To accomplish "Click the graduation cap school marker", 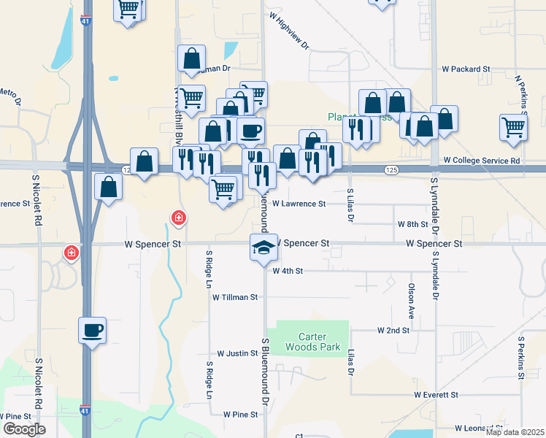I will pos(264,247).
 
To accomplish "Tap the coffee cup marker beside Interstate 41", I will pos(93,331).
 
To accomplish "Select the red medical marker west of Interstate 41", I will pos(72,253).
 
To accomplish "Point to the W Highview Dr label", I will pos(289,30).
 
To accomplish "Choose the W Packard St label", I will pos(466,69).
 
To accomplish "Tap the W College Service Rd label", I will pos(482,160).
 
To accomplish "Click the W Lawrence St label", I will pos(299,204).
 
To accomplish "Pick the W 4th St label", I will pos(288,271).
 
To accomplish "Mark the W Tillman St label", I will pos(235,297).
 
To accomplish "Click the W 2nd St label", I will pos(393,330).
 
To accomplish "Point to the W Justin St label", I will pos(235,353).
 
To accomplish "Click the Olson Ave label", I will pos(412,301).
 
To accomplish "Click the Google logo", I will pos(23,429).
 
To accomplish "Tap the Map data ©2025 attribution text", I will pos(515,432).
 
